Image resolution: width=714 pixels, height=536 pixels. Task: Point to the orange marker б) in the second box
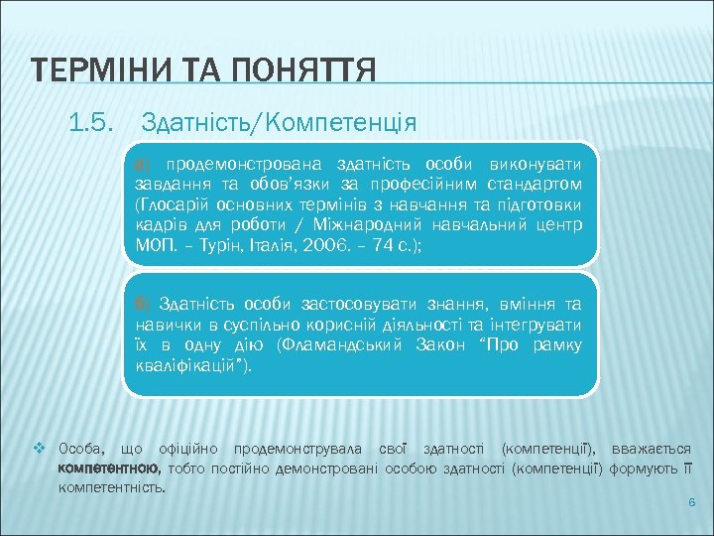point(142,302)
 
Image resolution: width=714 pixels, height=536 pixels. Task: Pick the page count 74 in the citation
point(381,246)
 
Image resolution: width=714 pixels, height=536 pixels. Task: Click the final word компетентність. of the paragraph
point(112,487)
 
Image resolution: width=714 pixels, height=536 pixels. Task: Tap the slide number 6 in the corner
point(691,504)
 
